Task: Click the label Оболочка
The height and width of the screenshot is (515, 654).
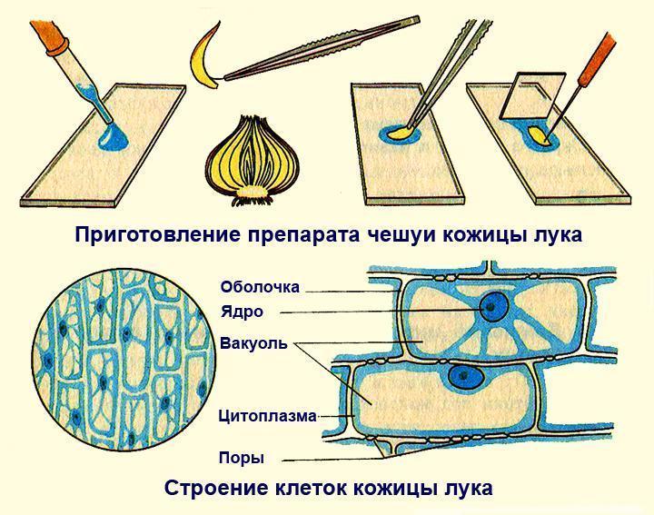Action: (259, 287)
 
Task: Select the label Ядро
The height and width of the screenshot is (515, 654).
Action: (241, 312)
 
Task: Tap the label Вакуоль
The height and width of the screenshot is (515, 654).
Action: (253, 344)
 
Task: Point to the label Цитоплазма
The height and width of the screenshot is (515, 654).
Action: (267, 417)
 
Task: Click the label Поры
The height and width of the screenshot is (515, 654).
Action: (242, 457)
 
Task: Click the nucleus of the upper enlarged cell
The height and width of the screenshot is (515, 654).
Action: (495, 307)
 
